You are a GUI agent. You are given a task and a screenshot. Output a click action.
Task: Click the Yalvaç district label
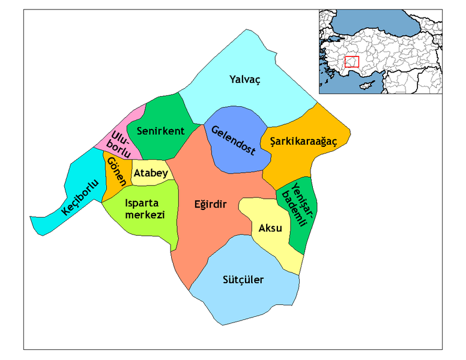pos(245,79)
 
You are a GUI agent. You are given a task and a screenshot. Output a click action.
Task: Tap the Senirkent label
pos(160,131)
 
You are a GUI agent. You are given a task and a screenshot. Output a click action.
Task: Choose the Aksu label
pos(270,228)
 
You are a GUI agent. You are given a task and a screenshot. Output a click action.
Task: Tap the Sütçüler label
pos(243,280)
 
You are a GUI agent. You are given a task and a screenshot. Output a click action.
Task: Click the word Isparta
pos(142,203)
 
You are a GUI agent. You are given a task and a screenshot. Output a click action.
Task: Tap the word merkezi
pos(144,215)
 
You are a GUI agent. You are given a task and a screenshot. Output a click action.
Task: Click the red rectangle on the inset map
pos(352,61)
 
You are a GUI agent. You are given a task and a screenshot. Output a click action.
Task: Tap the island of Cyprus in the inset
pos(365,85)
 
